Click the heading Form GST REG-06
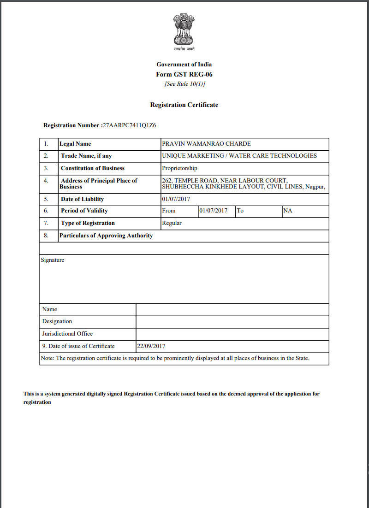point(184,74)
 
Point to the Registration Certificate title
point(184,105)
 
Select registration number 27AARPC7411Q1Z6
point(130,125)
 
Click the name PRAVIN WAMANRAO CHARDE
point(206,144)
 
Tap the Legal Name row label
point(75,144)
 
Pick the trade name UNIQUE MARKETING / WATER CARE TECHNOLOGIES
point(239,156)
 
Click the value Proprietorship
point(179,168)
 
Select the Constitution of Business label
point(92,168)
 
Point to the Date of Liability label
point(82,199)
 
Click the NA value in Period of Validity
point(288,211)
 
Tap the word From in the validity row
point(169,211)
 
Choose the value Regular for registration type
point(172,223)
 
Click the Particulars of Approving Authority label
point(106,236)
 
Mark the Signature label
point(53,260)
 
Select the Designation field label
point(57,321)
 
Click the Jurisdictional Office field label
point(67,334)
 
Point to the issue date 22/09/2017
point(151,346)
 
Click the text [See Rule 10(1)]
point(184,84)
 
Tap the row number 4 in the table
point(46,181)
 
